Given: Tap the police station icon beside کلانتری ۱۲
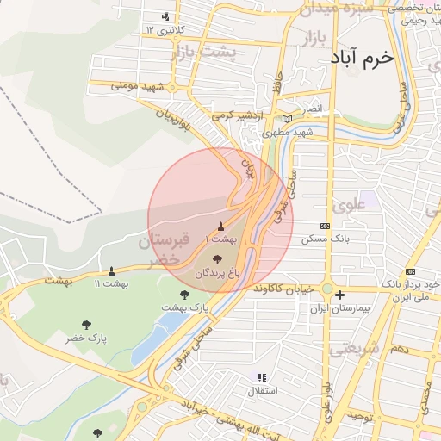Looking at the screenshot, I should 166,16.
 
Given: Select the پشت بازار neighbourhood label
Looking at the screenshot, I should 204,53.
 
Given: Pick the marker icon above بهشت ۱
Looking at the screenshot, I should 221,226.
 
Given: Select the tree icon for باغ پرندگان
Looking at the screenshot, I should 215,258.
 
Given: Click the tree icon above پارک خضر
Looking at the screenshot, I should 86,325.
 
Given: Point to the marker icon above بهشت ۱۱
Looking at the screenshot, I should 111,271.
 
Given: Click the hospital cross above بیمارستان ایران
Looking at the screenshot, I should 339,295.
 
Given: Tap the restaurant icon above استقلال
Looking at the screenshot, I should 262,377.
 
